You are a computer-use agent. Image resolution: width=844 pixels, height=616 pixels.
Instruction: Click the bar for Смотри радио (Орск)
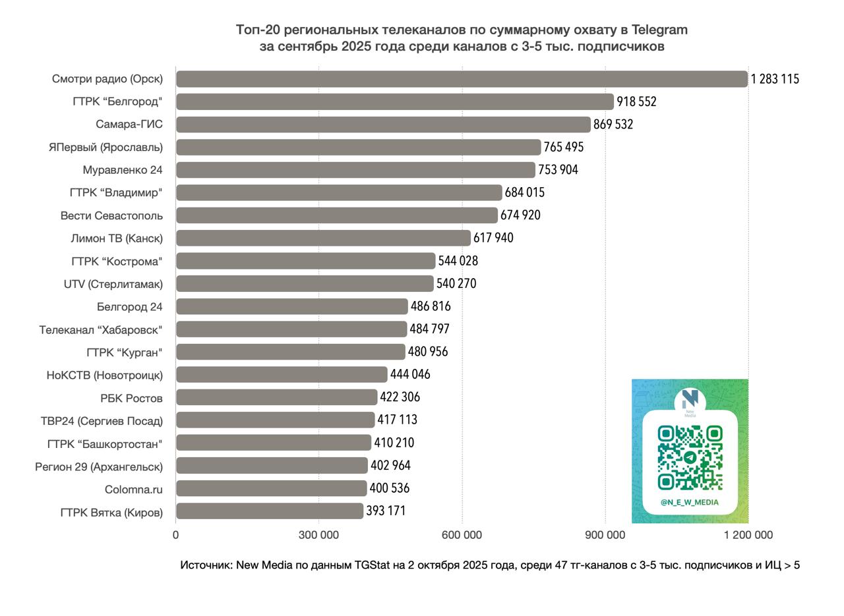point(462,79)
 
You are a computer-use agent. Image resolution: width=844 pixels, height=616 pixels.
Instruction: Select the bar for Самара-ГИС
point(383,125)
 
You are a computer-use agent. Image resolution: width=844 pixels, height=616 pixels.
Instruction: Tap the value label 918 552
point(636,101)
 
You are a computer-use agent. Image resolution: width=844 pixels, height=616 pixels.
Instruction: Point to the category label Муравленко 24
point(123,170)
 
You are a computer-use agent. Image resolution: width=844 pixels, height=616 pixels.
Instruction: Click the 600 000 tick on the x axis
point(462,535)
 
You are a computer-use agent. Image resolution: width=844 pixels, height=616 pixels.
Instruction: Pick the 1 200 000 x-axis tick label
point(748,535)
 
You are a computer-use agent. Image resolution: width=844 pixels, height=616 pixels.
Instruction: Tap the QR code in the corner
point(690,457)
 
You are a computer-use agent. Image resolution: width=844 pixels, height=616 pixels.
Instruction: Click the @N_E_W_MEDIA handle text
point(690,502)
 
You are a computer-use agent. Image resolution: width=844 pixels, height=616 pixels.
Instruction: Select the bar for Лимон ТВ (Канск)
point(323,238)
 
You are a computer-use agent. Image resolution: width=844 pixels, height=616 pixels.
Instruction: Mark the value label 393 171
point(386,511)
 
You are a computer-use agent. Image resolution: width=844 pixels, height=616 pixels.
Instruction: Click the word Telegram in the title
point(659,30)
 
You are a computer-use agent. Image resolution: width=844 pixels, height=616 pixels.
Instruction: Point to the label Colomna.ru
point(133,490)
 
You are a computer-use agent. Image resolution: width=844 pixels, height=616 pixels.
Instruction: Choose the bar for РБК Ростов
point(276,397)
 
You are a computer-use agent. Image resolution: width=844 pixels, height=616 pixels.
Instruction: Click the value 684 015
point(524,192)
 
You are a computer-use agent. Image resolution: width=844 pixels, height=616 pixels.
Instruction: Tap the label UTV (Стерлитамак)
point(113,284)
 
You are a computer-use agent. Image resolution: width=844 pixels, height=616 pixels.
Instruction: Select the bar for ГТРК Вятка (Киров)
point(269,511)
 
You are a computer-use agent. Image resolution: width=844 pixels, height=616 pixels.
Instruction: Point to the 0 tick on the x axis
point(175,535)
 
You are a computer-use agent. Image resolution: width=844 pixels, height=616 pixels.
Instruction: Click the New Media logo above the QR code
point(690,401)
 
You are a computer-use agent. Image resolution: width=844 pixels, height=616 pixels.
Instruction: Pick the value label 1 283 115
point(775,79)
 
